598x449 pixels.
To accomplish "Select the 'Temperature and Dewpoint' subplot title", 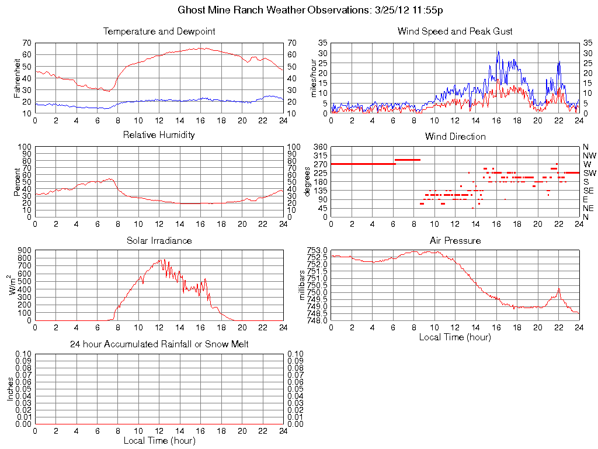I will point(159,32).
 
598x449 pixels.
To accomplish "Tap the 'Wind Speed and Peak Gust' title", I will point(455,32).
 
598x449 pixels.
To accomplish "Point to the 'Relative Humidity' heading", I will point(159,135).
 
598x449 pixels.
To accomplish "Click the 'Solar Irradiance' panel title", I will point(159,240).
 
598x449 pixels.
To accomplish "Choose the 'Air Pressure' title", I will point(455,240).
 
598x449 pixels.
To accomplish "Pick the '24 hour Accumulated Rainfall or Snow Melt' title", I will point(159,344).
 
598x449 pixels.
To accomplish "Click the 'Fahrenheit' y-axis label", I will point(17,78).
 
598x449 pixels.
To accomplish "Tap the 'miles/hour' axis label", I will point(313,78).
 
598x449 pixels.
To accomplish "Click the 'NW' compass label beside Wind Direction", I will point(589,156).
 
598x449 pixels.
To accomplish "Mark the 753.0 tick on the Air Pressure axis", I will point(317,250).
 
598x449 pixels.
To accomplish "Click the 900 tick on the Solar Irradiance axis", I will point(24,250).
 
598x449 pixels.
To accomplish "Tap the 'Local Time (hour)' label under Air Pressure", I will point(455,337).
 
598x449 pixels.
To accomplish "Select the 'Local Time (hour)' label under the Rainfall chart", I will point(159,441).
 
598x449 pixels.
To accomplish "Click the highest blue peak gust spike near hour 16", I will point(498,51).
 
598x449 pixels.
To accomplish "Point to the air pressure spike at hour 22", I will point(559,288).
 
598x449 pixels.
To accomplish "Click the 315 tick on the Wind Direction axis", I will point(319,156).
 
